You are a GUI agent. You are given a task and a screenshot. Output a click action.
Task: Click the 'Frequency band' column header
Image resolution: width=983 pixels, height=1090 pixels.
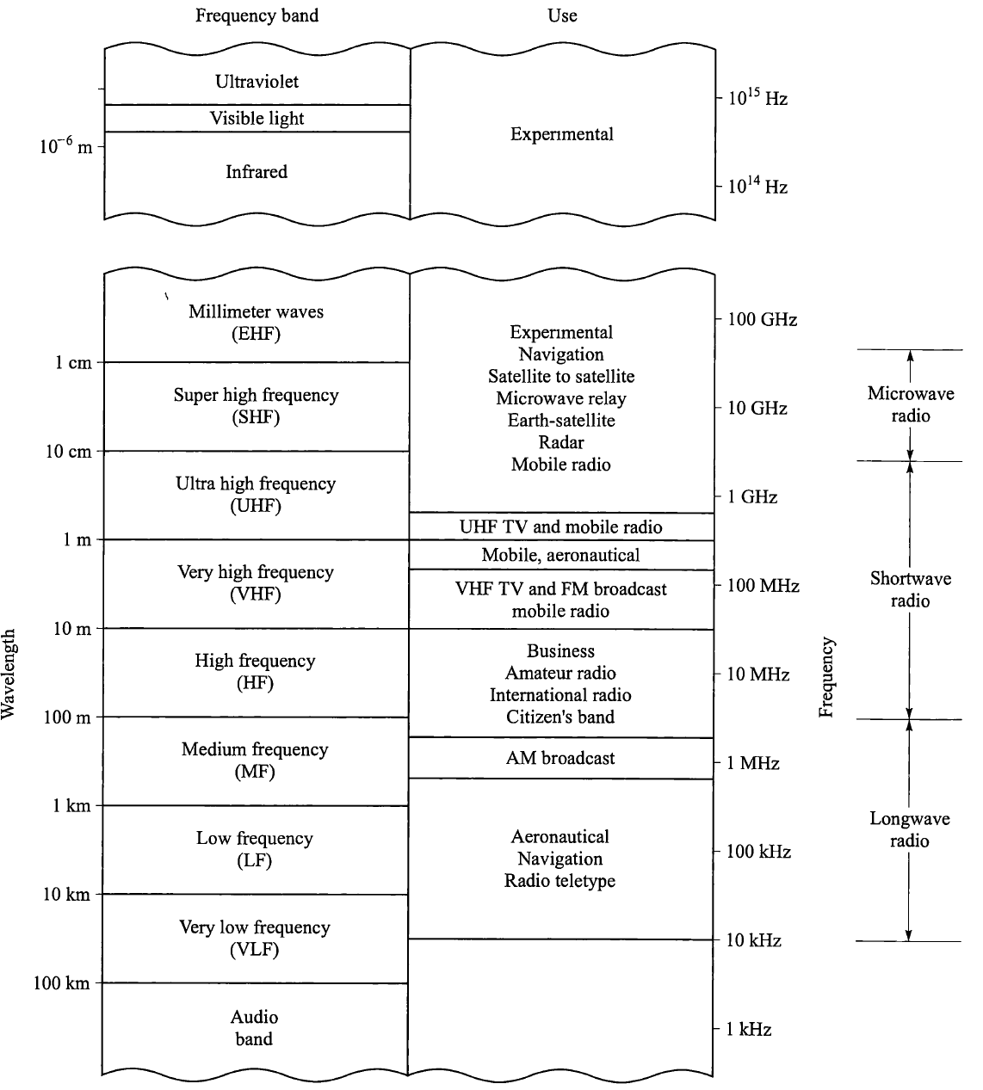257,16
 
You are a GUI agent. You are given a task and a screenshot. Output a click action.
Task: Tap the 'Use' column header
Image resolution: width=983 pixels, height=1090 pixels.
562,16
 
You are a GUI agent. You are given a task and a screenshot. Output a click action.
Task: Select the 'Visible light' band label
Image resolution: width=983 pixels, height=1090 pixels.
257,119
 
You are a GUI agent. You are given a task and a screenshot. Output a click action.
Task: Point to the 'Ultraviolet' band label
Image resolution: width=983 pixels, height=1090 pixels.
257,82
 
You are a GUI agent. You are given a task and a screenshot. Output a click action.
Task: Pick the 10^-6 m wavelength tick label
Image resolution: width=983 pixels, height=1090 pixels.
65,146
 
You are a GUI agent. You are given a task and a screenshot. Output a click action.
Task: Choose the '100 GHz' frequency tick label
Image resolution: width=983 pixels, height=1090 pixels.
762,320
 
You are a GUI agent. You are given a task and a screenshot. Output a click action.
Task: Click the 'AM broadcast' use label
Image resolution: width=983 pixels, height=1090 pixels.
560,759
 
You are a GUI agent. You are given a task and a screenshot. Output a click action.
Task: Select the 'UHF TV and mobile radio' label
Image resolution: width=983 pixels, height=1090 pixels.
560,527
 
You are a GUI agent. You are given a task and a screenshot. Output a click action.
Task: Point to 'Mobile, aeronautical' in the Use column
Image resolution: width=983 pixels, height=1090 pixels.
560,556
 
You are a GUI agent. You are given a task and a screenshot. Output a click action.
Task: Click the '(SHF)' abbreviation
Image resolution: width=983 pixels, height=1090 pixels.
256,418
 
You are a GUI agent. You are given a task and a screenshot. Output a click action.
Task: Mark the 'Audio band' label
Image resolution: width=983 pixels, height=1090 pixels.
255,1028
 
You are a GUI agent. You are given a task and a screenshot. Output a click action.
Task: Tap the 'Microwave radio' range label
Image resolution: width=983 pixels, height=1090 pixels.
911,405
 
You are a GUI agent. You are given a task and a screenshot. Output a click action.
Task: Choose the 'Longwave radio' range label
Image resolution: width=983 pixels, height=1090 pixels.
910,829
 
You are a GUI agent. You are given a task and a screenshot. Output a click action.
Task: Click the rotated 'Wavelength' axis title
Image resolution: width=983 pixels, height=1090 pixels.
9,674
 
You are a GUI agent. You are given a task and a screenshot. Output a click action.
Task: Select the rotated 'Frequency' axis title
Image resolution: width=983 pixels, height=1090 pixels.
827,677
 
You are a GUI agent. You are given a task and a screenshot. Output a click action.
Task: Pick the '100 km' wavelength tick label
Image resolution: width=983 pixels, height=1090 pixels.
62,983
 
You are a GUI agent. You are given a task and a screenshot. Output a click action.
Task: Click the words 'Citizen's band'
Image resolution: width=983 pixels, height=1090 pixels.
560,717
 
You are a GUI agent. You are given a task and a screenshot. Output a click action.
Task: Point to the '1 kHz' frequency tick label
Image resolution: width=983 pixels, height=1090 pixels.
749,1030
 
